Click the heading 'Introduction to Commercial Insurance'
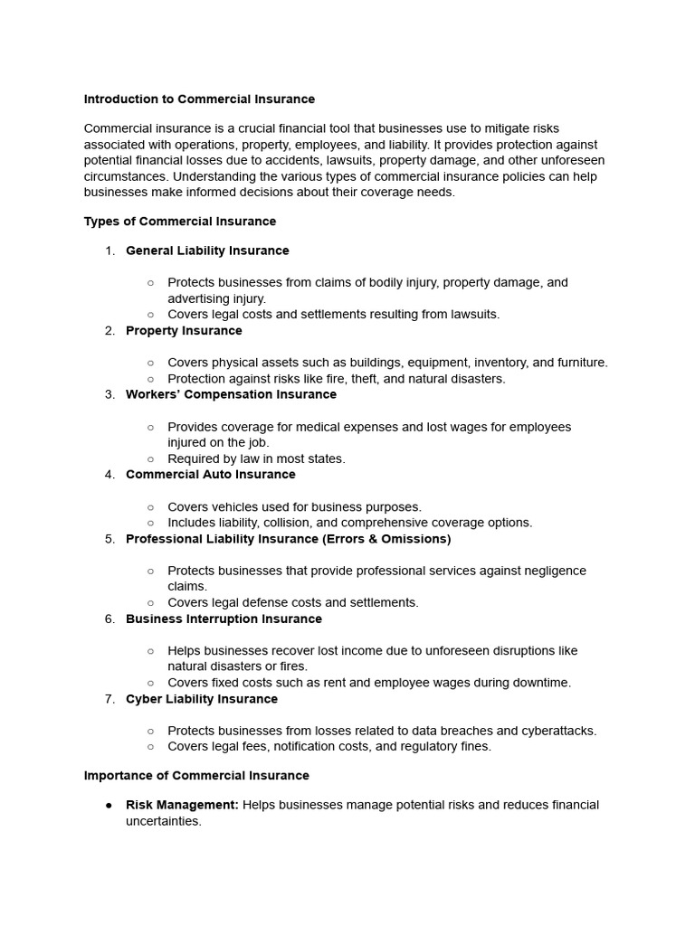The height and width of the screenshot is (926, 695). [199, 99]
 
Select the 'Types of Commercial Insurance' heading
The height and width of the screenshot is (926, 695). [180, 221]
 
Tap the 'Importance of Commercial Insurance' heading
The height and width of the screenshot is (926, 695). [196, 775]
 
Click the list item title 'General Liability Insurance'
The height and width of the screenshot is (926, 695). [207, 250]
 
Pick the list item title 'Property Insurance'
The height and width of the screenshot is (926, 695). [184, 330]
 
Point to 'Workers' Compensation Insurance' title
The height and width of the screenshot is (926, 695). [231, 394]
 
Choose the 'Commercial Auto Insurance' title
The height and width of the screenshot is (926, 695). [210, 474]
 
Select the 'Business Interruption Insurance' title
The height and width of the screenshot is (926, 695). [224, 619]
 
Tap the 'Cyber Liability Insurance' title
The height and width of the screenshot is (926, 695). [202, 699]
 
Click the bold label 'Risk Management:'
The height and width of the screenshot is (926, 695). [182, 805]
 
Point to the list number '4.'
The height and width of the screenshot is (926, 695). [109, 474]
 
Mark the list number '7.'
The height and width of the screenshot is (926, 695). [109, 699]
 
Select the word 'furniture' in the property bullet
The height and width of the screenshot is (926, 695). [579, 363]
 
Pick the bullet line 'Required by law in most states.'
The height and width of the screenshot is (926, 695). [256, 458]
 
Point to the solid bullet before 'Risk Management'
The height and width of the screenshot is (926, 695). [109, 805]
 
